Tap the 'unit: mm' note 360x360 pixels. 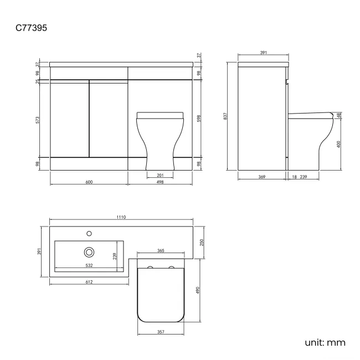[325, 342]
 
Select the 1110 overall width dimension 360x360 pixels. [122, 218]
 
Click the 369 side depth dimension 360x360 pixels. [261, 177]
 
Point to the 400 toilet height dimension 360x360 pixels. [338, 144]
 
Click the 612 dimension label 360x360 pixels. [89, 282]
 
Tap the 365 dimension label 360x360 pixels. [160, 251]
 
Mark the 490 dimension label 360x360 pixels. [198, 290]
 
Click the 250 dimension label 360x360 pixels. [202, 242]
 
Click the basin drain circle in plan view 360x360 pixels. [89, 252]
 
